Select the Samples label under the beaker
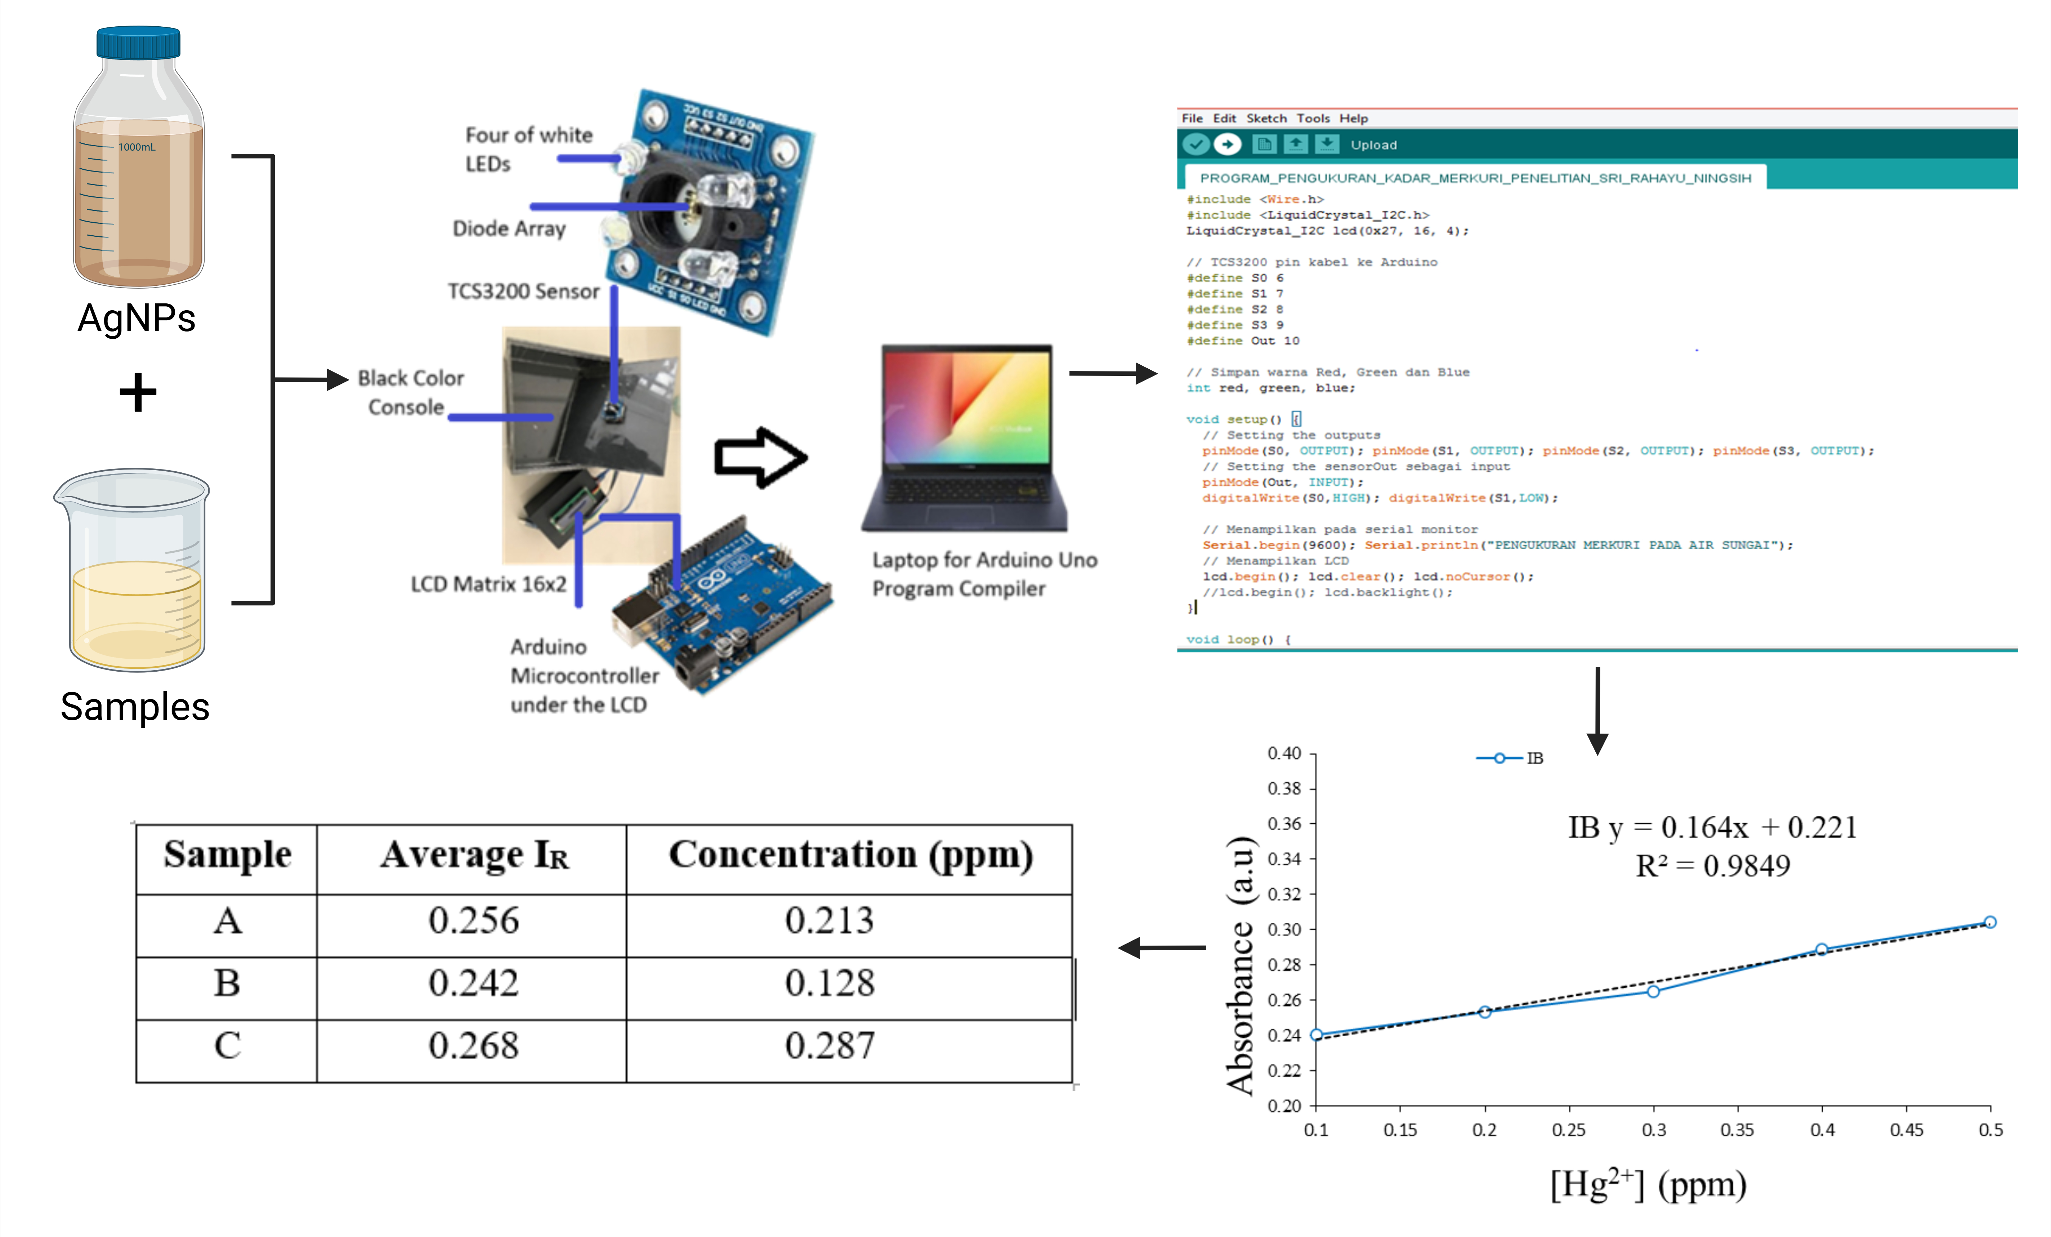tap(135, 707)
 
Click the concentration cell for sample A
tap(829, 921)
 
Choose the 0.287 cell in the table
tap(829, 1046)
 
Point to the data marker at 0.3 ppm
tap(1653, 991)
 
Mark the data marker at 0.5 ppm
tap(1989, 922)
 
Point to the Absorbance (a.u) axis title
tap(1240, 966)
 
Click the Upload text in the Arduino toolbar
tap(1373, 145)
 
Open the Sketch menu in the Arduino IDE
tap(1266, 118)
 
